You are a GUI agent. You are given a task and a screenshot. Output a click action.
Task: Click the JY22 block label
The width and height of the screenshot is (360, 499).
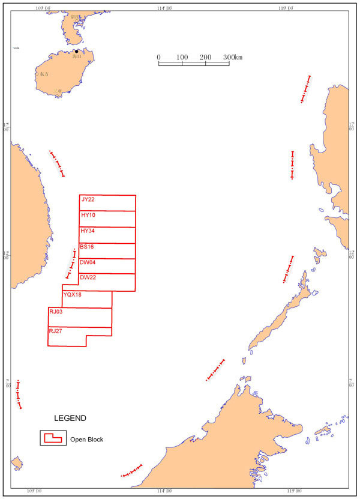[88, 199]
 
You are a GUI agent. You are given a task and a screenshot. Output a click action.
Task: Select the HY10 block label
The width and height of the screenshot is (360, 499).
[88, 215]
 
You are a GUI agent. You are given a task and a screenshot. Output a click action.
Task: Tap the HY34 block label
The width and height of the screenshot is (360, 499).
[88, 231]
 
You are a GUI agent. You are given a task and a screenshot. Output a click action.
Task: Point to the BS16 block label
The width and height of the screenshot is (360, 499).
[87, 247]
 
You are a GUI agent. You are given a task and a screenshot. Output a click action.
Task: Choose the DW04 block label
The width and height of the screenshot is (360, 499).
[88, 262]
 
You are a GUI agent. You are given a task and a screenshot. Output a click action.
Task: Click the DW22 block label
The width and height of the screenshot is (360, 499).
[88, 277]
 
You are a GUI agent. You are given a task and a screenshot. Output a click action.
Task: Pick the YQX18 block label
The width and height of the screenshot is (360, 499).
[72, 294]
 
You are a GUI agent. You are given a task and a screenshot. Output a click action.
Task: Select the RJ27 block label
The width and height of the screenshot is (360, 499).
[56, 331]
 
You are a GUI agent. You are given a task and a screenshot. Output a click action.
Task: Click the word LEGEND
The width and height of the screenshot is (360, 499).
[70, 418]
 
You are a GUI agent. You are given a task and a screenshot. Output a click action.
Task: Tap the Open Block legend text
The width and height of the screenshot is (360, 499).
[87, 440]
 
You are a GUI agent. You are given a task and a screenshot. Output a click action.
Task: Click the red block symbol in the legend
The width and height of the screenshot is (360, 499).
[52, 438]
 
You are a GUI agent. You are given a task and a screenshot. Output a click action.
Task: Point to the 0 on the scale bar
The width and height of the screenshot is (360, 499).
[159, 57]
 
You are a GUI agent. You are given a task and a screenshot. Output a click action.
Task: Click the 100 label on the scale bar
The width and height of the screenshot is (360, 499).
[182, 57]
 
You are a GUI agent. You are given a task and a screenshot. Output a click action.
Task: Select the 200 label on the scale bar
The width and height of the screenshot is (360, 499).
[205, 57]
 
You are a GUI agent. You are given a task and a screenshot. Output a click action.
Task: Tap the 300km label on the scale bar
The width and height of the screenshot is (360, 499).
[232, 57]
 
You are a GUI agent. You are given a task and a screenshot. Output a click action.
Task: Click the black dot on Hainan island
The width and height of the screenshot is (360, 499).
[77, 52]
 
